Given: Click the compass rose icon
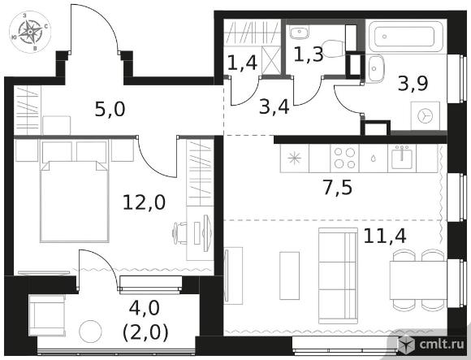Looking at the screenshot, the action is point(30,33).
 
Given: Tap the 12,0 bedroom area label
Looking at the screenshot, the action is point(145,202).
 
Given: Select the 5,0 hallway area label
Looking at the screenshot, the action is point(110,109).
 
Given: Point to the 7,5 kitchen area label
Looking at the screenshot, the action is point(338,188).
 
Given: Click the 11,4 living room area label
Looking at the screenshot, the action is point(385,236).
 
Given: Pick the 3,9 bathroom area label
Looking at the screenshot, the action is point(413,84).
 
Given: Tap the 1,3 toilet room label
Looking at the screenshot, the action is point(309,54).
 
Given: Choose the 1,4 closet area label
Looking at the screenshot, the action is point(243,63).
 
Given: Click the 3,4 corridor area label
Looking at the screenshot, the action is point(274,107).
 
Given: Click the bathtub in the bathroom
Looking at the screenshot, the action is point(406,37).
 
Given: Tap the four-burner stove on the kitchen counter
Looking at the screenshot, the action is point(344,158).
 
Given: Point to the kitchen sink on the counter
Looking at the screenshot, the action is point(402,157).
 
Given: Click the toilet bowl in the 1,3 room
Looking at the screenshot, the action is point(333,48).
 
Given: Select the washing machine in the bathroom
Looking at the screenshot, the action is point(425,115).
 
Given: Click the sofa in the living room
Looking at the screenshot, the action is point(338,275).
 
